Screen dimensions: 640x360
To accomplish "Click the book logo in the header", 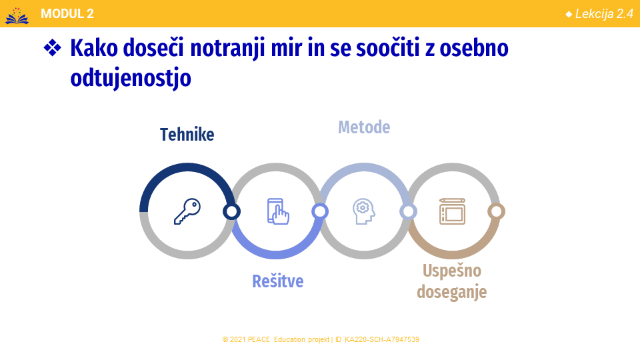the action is click(x=17, y=15).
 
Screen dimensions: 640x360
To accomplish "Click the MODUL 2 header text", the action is click(x=67, y=14).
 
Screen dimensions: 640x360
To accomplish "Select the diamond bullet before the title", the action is click(x=52, y=48).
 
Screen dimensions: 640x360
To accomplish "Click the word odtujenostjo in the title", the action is click(x=131, y=77).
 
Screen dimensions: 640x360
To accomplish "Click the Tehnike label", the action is click(x=187, y=134).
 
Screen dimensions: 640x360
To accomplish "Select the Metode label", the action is click(x=364, y=127).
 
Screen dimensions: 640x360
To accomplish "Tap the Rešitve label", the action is click(x=277, y=281).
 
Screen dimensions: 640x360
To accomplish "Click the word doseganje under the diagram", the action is click(x=452, y=292).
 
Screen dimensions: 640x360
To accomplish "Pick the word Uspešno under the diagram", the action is click(x=452, y=271).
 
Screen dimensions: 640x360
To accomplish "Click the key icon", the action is click(x=187, y=211).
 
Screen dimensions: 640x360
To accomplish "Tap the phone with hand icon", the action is click(x=278, y=211).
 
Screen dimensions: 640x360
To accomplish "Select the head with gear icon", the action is click(x=364, y=211).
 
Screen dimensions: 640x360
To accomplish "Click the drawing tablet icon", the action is click(x=452, y=211).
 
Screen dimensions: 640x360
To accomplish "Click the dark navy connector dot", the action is click(x=231, y=211).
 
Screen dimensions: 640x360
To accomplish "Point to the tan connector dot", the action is click(x=496, y=211).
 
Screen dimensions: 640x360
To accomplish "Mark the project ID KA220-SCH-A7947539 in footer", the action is click(x=381, y=339).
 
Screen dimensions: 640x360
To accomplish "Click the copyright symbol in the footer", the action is click(x=225, y=339).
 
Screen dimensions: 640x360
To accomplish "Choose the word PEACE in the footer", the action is click(x=259, y=339).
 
